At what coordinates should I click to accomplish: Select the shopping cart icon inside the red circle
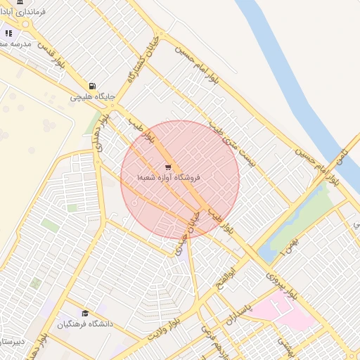point(168,167)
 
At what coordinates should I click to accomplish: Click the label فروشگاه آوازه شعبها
point(169,179)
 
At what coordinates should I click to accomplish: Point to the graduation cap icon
point(85,314)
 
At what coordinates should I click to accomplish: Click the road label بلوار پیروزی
point(282,282)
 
